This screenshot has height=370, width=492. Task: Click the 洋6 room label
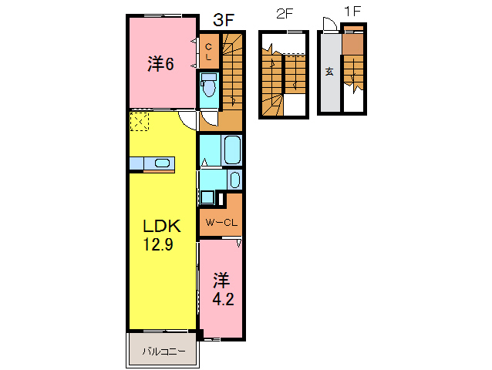pyautogui.click(x=160, y=64)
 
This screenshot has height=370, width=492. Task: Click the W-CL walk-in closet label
pyautogui.click(x=220, y=224)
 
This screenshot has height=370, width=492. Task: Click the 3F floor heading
pyautogui.click(x=223, y=21)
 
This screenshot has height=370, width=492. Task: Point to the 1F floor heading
pyautogui.click(x=352, y=14)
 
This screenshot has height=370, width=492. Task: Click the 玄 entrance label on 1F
pyautogui.click(x=329, y=72)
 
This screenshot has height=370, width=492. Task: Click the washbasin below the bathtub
pyautogui.click(x=234, y=180)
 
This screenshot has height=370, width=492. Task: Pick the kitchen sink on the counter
pyautogui.click(x=162, y=163)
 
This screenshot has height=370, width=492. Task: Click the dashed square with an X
pyautogui.click(x=140, y=122)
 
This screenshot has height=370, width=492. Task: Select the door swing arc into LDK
pyautogui.click(x=187, y=120)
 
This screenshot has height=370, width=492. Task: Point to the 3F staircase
pyautogui.click(x=232, y=73)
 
